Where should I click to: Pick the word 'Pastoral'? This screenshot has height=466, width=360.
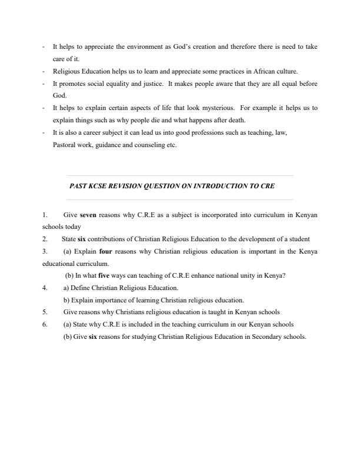[64, 145]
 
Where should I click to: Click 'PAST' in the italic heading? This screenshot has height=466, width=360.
[78, 186]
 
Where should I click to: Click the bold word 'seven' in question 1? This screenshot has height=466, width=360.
[88, 215]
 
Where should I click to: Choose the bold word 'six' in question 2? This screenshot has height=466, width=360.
[82, 239]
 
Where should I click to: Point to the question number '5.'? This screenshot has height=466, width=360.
[45, 312]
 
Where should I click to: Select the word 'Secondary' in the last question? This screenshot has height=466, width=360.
[254, 337]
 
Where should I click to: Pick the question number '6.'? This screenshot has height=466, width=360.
[45, 325]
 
